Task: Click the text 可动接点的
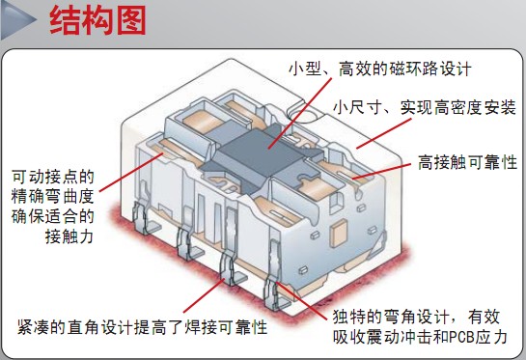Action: [x=53, y=177]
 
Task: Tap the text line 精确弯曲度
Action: [x=53, y=197]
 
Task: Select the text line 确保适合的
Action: [x=53, y=216]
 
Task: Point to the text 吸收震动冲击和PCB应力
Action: [x=417, y=338]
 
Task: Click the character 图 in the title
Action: [x=129, y=22]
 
